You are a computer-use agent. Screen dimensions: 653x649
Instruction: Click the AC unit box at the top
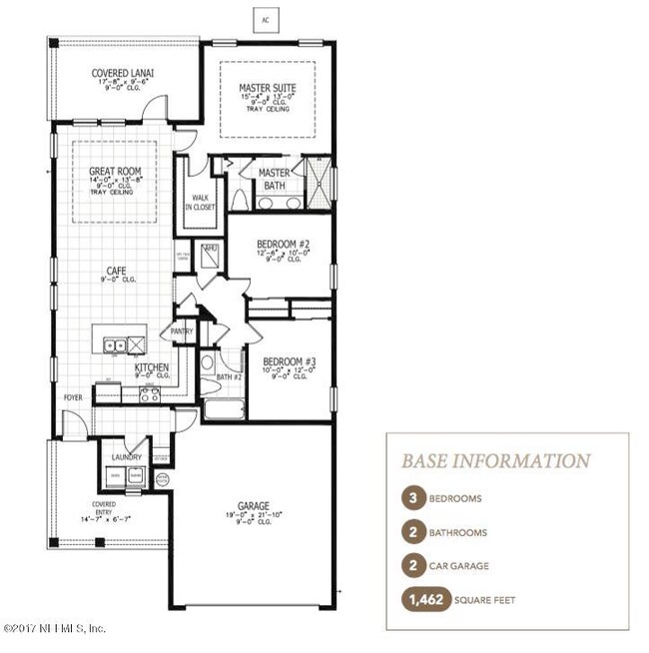point(264,19)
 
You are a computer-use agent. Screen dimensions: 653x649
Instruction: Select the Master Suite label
point(267,88)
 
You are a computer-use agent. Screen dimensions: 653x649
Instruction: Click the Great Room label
point(115,172)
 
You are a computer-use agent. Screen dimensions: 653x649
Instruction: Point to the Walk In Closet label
point(203,203)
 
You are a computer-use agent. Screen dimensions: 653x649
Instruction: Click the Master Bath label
point(274,177)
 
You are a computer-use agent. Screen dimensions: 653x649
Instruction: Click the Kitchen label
point(152,367)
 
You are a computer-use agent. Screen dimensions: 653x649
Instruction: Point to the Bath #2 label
point(229,377)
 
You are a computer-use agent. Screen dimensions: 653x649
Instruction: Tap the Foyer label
point(74,396)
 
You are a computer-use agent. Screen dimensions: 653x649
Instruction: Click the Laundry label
point(126,456)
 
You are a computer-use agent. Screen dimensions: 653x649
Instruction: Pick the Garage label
point(254,506)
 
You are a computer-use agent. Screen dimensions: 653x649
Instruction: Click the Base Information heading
point(495,460)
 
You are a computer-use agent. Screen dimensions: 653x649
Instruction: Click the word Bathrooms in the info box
point(459,532)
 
